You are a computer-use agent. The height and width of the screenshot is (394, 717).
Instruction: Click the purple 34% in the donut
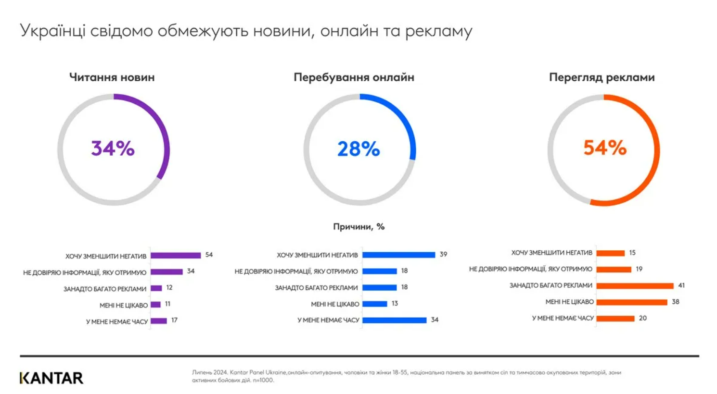click(113, 148)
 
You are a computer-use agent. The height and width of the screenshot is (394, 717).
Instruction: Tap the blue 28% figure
click(358, 149)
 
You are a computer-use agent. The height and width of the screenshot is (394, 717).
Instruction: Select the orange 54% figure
click(605, 148)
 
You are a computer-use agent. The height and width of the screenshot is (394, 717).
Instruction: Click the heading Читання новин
click(112, 77)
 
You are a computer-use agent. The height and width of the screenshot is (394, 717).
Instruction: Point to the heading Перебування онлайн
click(354, 77)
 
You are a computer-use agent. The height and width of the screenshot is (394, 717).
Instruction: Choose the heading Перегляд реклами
click(602, 77)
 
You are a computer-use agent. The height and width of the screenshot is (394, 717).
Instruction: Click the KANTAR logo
click(51, 378)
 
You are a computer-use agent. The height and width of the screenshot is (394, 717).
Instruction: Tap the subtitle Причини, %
click(359, 227)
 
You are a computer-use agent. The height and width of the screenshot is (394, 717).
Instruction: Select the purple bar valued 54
click(176, 255)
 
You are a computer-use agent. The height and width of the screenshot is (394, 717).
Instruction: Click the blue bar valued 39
click(399, 255)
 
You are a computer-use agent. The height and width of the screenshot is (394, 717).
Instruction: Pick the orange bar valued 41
click(635, 286)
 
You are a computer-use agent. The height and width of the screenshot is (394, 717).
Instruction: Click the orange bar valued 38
click(632, 302)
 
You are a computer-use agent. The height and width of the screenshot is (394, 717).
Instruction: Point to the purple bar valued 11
click(155, 305)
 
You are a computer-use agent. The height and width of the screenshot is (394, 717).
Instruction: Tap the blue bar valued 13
click(375, 304)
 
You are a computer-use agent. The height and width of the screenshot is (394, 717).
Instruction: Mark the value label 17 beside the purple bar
click(174, 320)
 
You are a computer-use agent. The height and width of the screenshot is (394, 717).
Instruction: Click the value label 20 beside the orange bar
click(643, 318)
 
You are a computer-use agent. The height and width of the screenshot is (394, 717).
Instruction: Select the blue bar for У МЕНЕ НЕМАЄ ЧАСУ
click(395, 320)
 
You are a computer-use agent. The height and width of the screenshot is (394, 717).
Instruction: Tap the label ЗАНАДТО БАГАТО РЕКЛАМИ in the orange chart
click(551, 285)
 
